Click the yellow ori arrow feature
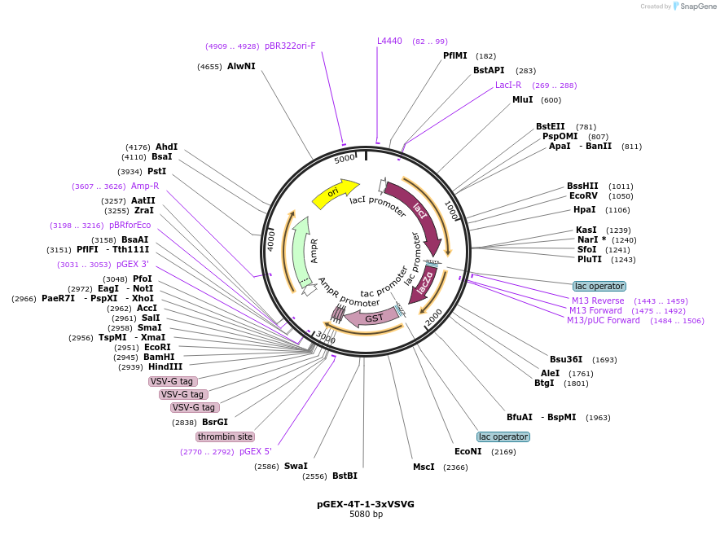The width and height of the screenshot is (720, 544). (335, 193)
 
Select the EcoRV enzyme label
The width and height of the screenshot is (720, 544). (583, 196)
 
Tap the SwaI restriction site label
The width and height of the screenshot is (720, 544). (296, 467)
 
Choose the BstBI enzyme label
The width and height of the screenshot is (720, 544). (345, 476)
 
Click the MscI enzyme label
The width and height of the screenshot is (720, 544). (424, 467)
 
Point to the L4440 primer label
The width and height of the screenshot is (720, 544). (389, 41)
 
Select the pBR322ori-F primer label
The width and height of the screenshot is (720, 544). (290, 46)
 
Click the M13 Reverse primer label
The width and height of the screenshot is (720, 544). (598, 301)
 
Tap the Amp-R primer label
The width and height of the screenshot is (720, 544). (145, 186)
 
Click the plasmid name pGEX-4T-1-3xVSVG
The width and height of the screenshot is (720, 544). (366, 504)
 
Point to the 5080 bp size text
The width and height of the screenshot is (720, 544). (366, 515)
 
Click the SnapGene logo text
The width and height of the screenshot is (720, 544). (698, 7)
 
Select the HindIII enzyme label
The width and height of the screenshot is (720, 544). (165, 367)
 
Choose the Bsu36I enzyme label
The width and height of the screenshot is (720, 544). (566, 359)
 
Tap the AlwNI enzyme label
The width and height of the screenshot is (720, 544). (241, 66)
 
